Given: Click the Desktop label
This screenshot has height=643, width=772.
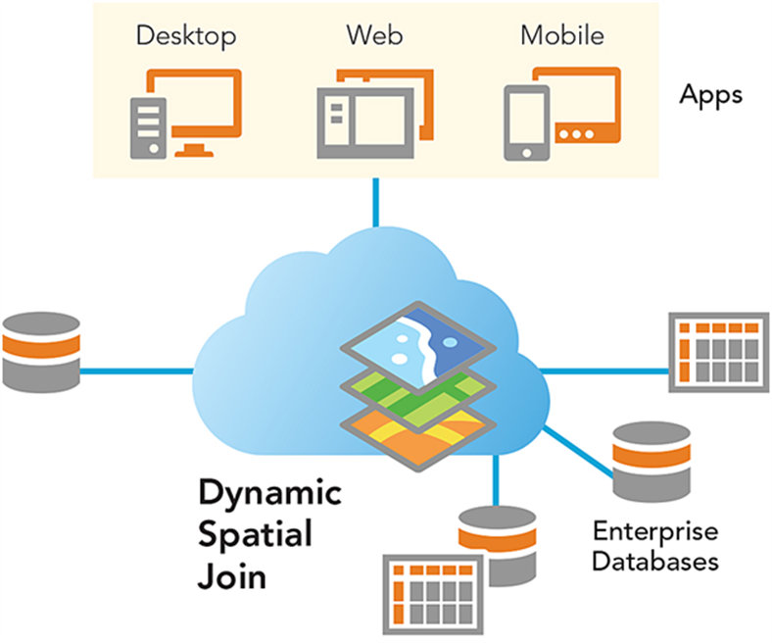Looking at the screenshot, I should (186, 36).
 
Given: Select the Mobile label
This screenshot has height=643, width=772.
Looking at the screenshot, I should (561, 36).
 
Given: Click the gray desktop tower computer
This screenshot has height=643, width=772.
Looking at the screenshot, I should (147, 125).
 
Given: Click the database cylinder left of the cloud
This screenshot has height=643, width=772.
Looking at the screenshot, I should (39, 349).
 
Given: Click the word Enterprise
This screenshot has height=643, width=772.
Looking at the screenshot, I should (654, 532).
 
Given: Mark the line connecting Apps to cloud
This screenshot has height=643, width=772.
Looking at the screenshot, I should (375, 202).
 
